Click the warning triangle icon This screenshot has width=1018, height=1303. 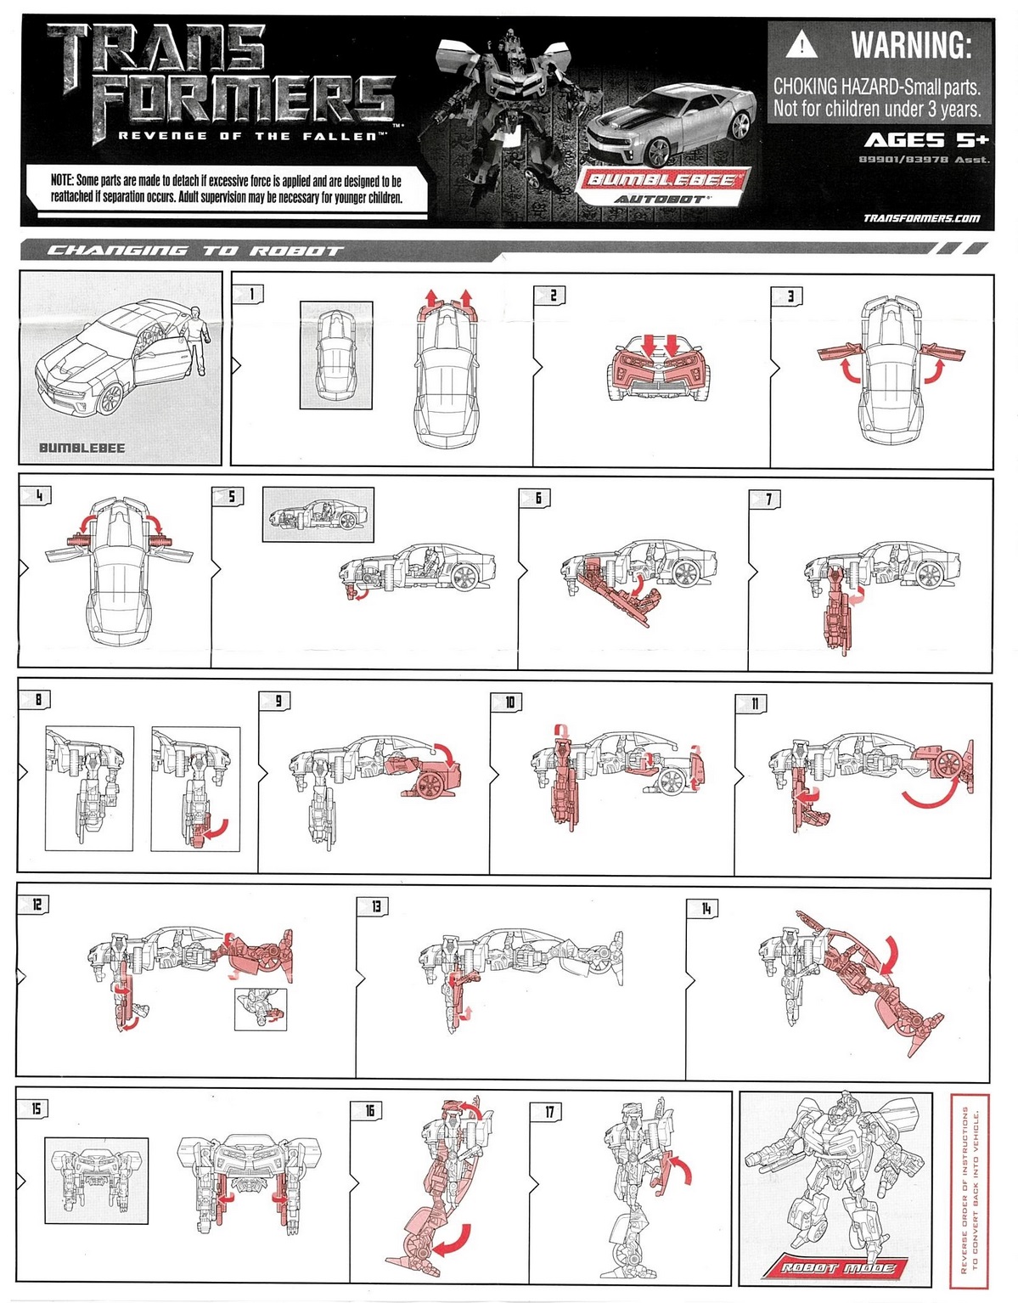tap(801, 44)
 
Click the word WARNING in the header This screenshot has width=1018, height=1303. tap(910, 44)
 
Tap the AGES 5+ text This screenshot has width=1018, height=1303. tap(926, 140)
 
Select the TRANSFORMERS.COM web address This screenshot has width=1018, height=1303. tap(921, 218)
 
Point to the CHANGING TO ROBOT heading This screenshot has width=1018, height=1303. tap(194, 251)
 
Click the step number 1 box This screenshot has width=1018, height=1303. tap(251, 294)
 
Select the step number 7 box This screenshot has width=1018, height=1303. tap(768, 499)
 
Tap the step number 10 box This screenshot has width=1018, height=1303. tap(509, 702)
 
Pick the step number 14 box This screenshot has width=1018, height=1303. tap(706, 908)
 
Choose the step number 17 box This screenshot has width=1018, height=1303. tap(549, 1111)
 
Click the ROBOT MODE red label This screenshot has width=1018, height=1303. tap(838, 1268)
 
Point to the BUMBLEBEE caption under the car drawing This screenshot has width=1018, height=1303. tap(82, 448)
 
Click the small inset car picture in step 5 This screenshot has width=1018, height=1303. tap(318, 514)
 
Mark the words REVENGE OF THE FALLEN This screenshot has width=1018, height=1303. tap(252, 136)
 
